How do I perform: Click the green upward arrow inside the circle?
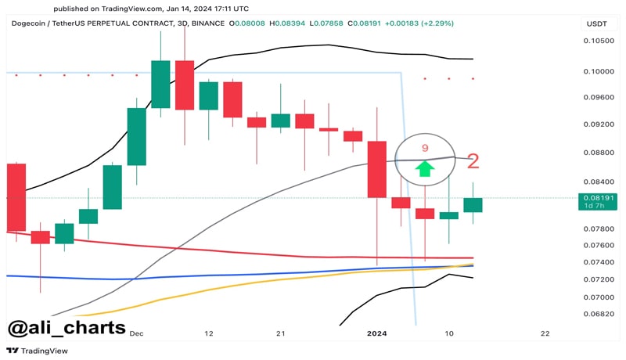click(424, 167)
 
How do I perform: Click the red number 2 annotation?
click(473, 162)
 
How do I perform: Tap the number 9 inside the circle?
click(425, 148)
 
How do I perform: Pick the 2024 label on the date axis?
click(377, 333)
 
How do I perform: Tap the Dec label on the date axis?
click(137, 333)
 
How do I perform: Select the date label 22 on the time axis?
click(545, 333)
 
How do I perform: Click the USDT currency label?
click(597, 24)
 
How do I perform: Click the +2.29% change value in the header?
click(427, 24)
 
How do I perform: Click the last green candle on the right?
click(473, 205)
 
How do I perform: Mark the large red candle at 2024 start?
click(376, 169)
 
